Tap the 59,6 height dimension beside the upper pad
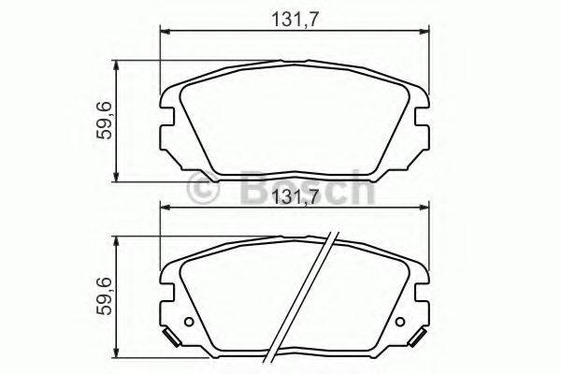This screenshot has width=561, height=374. coord(104,121)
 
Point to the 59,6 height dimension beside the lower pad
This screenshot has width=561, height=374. coord(104,298)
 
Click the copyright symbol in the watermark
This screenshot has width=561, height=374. coord(205,189)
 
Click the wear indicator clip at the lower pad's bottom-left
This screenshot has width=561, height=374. coord(168,338)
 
